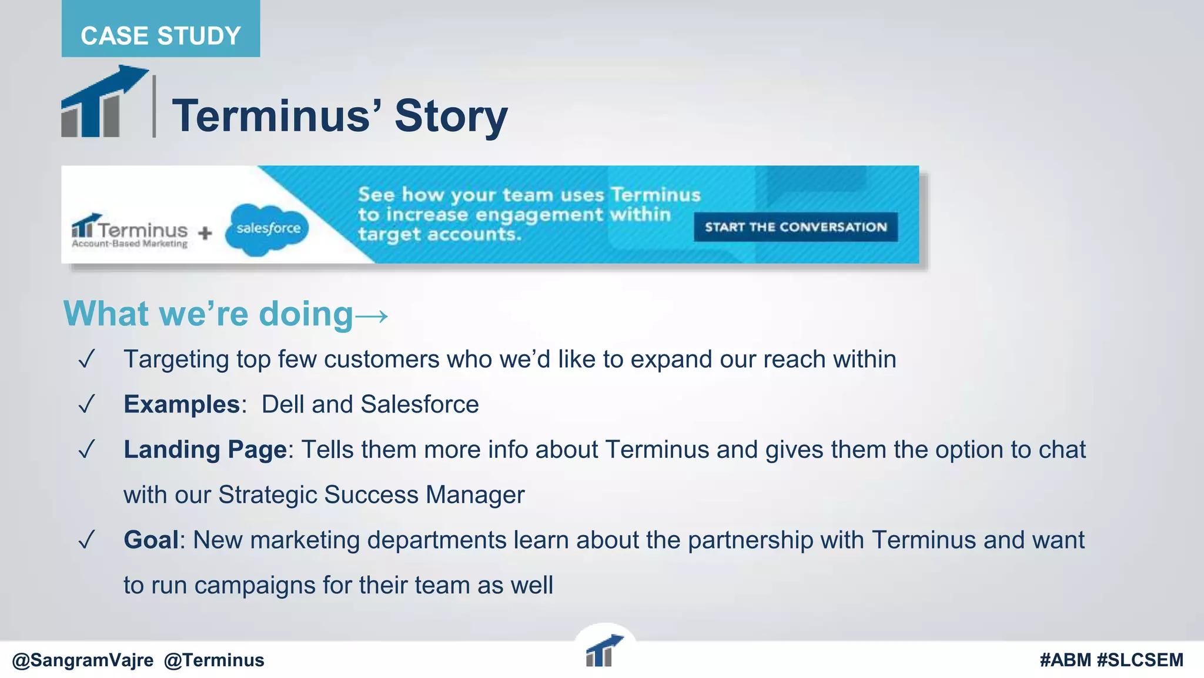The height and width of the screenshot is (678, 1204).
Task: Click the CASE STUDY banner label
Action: point(160,36)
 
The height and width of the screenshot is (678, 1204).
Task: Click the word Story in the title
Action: point(451,116)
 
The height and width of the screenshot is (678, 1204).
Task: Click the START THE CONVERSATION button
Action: point(795,227)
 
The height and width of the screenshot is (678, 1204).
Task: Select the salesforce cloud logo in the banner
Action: point(267,229)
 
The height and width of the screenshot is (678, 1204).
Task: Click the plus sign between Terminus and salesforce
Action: point(205,233)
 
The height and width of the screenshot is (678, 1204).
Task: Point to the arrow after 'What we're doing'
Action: point(372,316)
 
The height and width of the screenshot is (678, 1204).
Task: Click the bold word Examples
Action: point(181,404)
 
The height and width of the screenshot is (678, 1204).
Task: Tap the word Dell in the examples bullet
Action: point(283,404)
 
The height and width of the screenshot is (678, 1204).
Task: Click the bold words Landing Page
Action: point(205,450)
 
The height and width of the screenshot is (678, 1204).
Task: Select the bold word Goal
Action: point(151,540)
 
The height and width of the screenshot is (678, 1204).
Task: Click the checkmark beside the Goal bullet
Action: point(86,540)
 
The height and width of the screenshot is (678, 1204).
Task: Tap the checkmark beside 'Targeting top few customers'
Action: point(86,359)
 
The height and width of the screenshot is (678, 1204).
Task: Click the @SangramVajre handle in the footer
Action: point(82,660)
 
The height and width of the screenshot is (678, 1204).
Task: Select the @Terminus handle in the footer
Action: point(214,660)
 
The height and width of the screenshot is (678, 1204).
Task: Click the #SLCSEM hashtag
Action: point(1140,660)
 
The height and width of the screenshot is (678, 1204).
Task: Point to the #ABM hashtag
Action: point(1065,660)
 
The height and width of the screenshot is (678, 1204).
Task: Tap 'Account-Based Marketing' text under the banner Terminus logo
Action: point(129,244)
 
